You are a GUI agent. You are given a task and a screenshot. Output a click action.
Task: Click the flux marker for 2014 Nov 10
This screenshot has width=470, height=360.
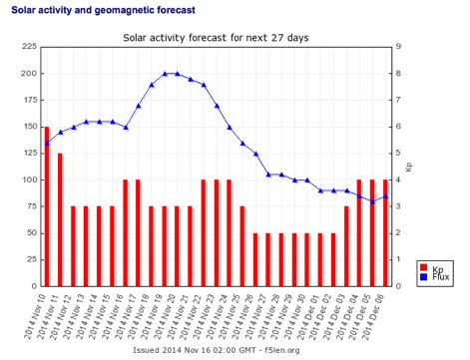point(47,144)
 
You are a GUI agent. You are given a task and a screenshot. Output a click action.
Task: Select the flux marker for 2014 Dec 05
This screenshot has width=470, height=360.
point(372,201)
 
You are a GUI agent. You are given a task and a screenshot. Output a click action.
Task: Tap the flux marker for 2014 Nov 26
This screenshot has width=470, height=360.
point(242,144)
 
